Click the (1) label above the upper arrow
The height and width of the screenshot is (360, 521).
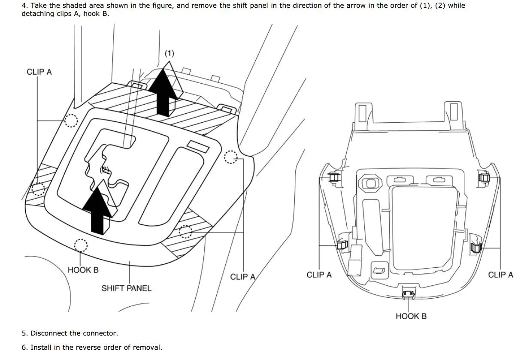(170, 53)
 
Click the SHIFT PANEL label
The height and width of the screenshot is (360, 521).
(126, 288)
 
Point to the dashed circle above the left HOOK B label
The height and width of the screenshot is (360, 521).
(81, 245)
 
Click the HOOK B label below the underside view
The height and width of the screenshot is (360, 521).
(411, 316)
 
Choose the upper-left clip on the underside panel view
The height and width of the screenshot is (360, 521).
(334, 176)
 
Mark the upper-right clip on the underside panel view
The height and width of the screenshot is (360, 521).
(484, 177)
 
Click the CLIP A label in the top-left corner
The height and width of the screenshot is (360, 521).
(39, 72)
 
